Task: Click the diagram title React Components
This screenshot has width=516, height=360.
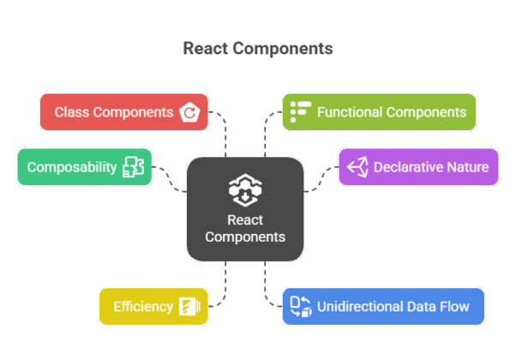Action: [258, 48]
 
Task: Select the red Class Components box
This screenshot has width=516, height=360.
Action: [124, 112]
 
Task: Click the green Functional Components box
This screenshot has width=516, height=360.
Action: [379, 112]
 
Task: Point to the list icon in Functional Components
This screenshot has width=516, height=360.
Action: [299, 111]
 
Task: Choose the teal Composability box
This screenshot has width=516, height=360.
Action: [84, 166]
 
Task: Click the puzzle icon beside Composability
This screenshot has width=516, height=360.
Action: [133, 166]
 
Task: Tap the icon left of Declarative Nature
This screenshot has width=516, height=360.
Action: [357, 166]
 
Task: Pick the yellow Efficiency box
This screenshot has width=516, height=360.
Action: [153, 307]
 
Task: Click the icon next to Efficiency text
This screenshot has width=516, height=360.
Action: [189, 307]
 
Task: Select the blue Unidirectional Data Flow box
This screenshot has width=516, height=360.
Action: [382, 307]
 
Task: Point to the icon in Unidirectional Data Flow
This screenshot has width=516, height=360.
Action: [300, 306]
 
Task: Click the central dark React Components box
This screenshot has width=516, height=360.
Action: [245, 208]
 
